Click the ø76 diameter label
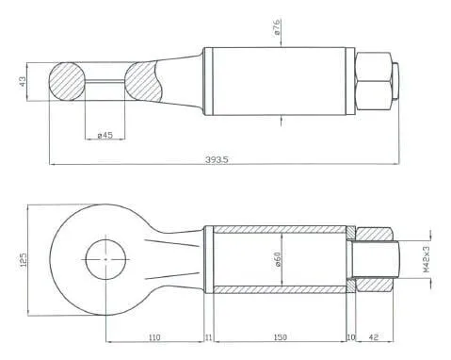pos(277,26)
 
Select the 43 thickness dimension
pos(24,82)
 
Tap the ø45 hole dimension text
pos(105,135)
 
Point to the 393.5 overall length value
pos(217,159)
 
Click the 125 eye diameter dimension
pos(24,260)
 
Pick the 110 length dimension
pos(154,337)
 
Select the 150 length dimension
pos(281,337)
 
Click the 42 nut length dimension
pos(374,337)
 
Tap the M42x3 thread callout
pos(426,259)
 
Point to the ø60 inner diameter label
pos(278,259)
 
